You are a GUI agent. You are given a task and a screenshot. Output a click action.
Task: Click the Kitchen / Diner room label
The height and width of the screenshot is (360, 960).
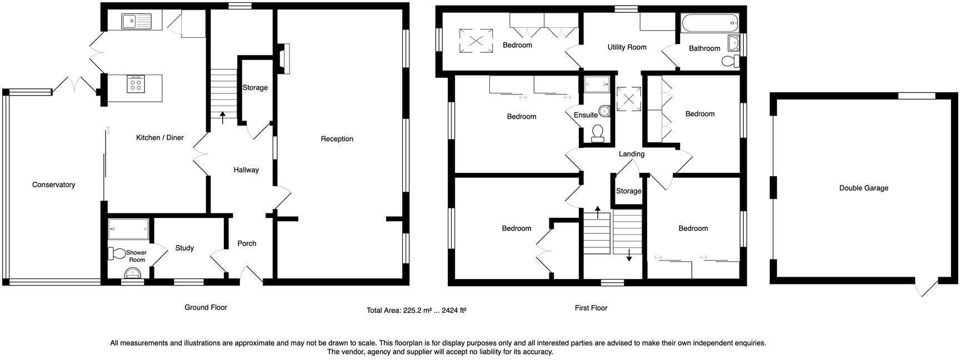pyautogui.click(x=160, y=138)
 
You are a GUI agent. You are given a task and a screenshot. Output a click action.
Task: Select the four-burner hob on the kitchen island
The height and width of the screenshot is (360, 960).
pyautogui.click(x=136, y=84)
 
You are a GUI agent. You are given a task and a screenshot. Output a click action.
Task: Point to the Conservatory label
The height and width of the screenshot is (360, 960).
pyautogui.click(x=53, y=184)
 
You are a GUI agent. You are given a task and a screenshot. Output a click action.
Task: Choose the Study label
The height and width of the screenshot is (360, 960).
pyautogui.click(x=184, y=248)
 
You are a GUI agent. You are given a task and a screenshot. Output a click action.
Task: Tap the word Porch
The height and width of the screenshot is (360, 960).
pyautogui.click(x=247, y=243)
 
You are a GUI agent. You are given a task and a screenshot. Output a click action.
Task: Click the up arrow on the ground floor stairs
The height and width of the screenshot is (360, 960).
pyautogui.click(x=223, y=117)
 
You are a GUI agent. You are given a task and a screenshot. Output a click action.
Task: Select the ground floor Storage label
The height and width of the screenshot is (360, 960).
pyautogui.click(x=255, y=88)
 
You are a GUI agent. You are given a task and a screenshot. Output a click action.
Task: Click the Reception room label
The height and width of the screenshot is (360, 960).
pyautogui.click(x=337, y=139)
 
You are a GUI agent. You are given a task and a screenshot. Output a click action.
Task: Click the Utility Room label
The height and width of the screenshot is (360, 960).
pyautogui.click(x=627, y=47)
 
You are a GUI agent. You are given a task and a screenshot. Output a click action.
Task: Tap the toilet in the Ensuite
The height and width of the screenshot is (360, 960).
pyautogui.click(x=598, y=133)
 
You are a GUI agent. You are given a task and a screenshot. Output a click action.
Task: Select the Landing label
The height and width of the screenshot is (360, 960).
pyautogui.click(x=632, y=154)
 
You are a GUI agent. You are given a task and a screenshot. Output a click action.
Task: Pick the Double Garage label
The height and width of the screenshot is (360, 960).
pyautogui.click(x=864, y=188)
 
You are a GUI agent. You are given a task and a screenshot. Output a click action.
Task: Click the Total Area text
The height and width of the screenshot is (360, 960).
pyautogui.click(x=417, y=311)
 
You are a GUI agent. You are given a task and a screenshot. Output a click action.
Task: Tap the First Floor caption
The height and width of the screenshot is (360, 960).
pyautogui.click(x=591, y=308)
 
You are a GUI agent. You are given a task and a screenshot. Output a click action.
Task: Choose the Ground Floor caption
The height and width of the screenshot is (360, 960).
pyautogui.click(x=206, y=307)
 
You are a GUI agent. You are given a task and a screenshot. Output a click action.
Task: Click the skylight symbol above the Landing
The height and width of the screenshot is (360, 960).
pyautogui.click(x=629, y=99)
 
